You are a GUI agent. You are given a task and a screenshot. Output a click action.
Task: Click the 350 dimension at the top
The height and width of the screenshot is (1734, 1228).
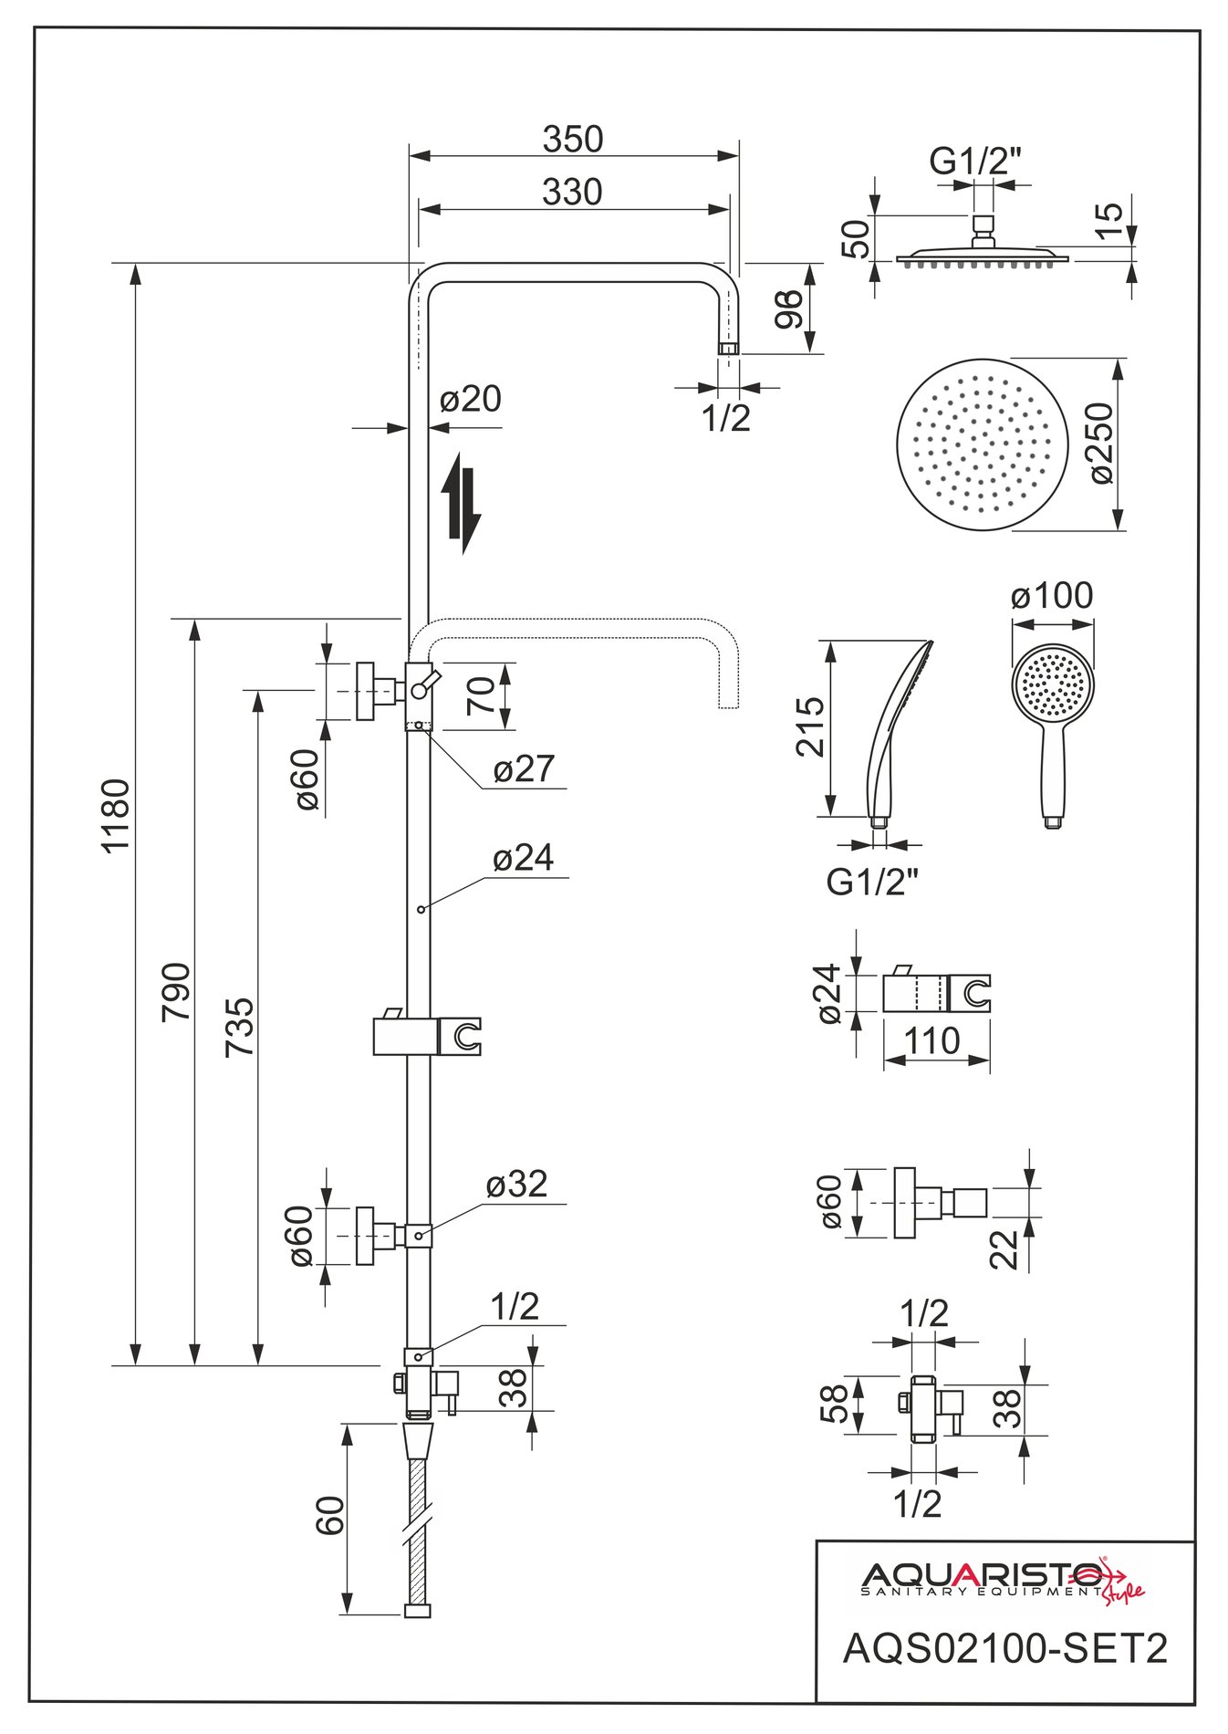pos(573,140)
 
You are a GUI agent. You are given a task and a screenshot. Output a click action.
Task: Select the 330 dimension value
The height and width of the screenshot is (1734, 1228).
pos(572,193)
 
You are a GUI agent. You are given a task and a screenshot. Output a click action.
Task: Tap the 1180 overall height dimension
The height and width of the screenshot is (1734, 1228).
pos(117,814)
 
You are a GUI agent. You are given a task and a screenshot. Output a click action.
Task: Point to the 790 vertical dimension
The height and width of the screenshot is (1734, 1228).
pos(176,991)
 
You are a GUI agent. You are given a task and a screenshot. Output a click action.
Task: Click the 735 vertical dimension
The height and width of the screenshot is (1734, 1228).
pos(240,1028)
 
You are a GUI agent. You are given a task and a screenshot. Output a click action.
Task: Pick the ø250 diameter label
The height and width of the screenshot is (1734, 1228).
pos(1101,443)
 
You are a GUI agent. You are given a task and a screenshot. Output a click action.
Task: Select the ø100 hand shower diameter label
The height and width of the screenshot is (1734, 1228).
pos(1052,596)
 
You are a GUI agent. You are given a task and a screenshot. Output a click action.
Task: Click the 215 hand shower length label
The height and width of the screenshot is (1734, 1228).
pos(810,726)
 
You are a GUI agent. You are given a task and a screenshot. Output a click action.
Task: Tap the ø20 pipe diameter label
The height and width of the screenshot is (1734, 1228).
pos(470,400)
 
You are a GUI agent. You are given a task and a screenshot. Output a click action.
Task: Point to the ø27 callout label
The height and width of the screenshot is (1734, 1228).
pos(524,769)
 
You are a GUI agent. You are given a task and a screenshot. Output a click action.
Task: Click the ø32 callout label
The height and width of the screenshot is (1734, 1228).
pos(516,1185)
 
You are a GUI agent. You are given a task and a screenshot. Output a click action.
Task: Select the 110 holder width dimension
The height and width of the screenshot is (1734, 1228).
pos(931,1039)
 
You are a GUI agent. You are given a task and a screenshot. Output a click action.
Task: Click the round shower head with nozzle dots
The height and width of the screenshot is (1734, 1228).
pos(981,444)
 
